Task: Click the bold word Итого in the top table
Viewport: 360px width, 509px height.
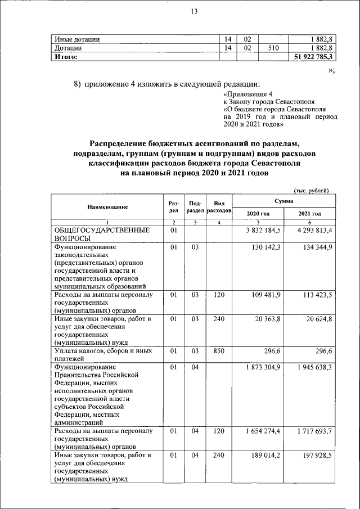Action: coord(65,57)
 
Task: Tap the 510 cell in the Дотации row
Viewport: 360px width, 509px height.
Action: coord(273,48)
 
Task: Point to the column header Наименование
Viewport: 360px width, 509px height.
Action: coord(107,207)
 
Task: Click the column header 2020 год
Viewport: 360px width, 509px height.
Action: coord(258,214)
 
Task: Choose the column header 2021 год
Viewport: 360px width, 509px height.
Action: coord(309,214)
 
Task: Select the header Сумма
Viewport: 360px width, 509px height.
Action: coord(283,200)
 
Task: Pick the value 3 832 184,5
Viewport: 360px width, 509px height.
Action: coord(262,231)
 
